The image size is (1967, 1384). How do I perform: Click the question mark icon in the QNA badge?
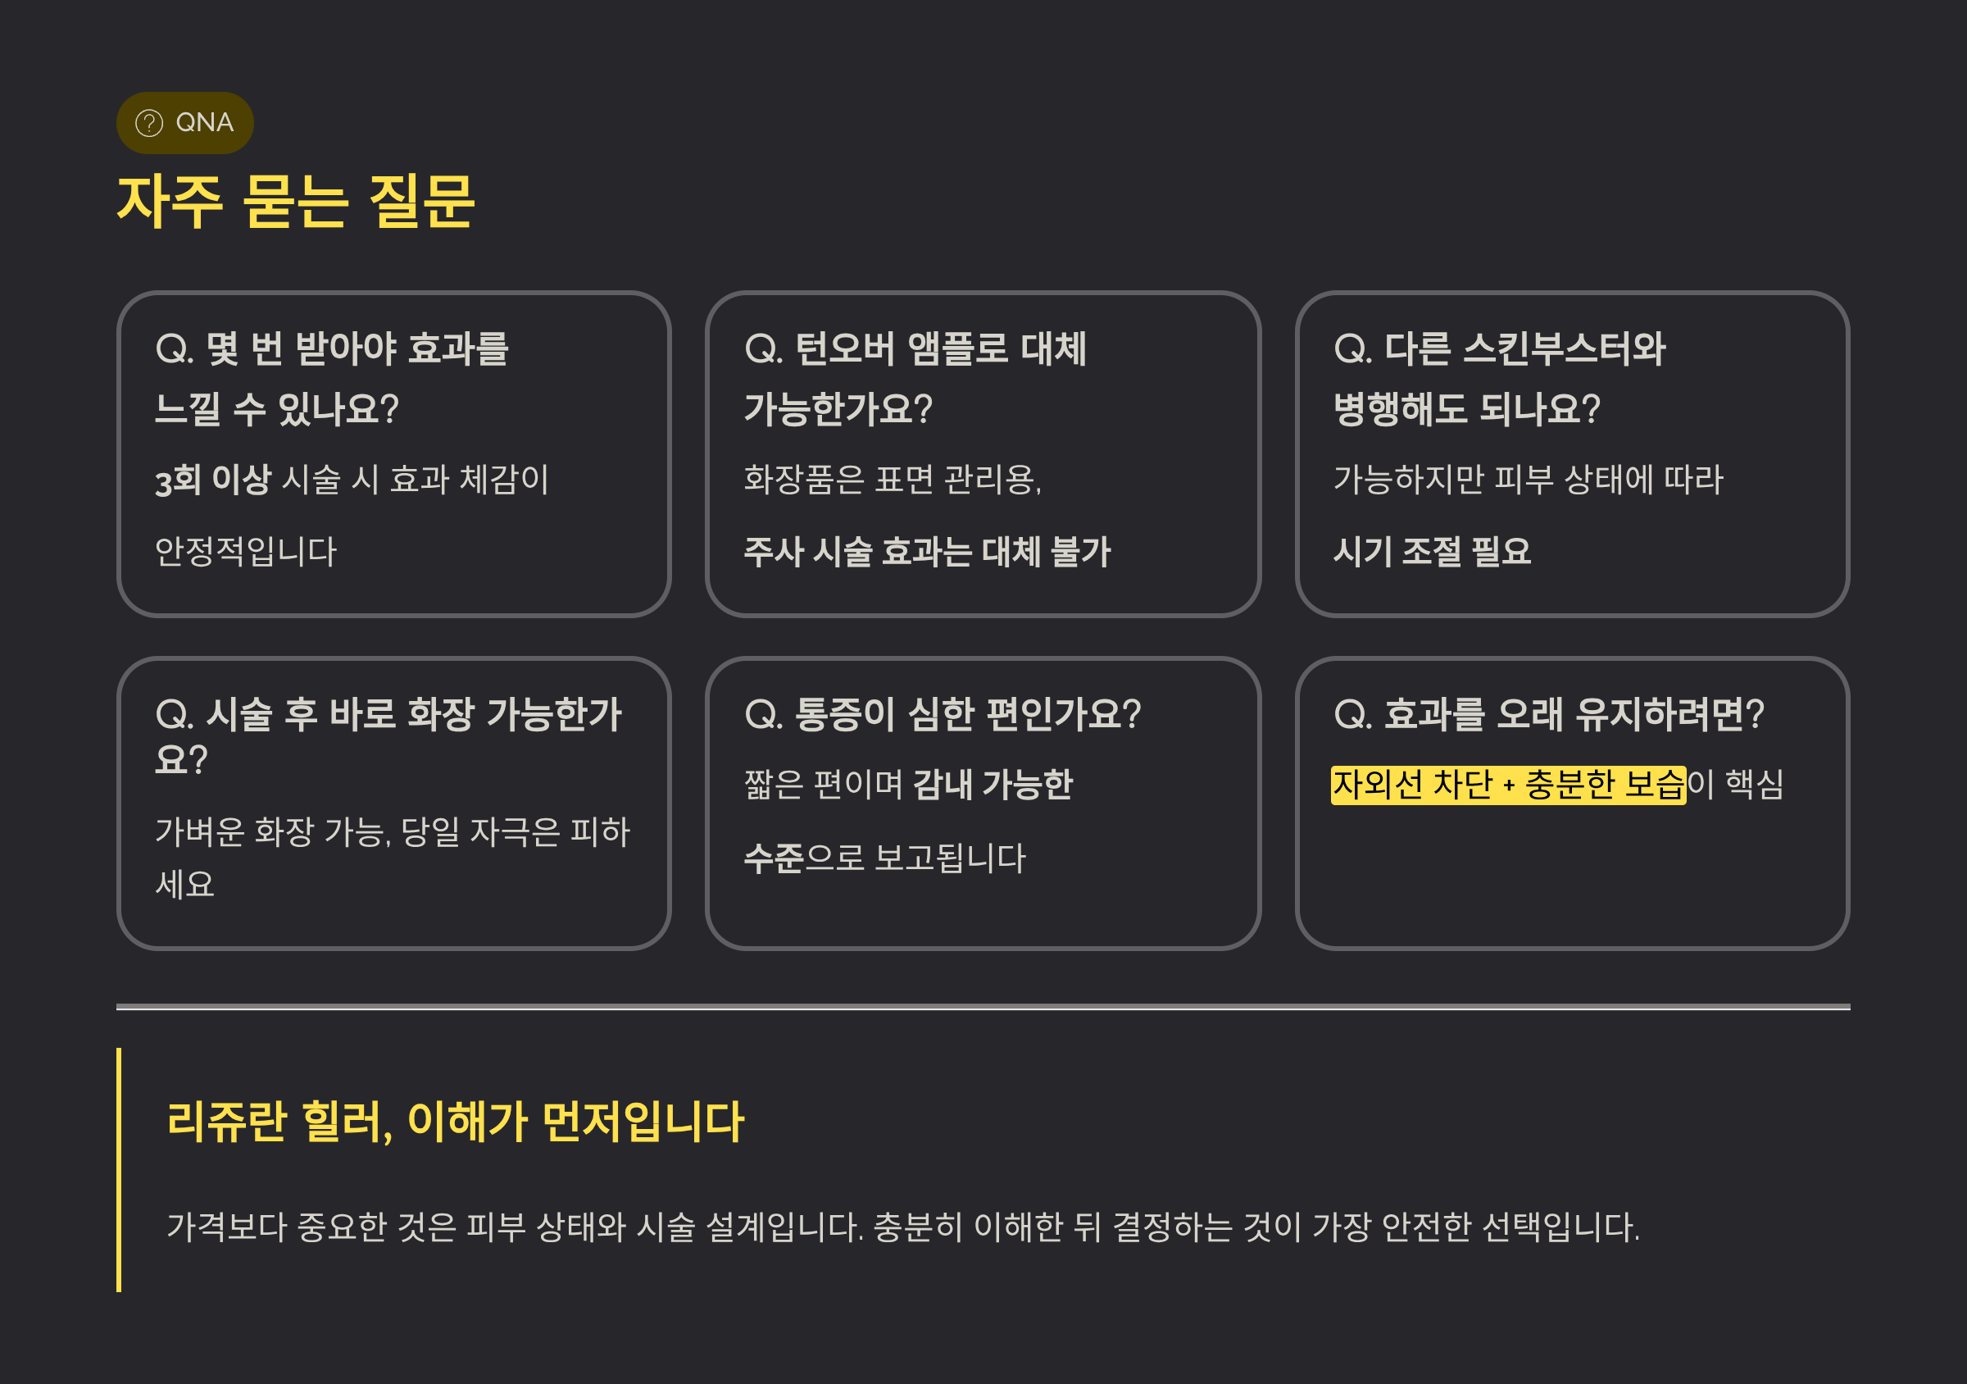click(149, 124)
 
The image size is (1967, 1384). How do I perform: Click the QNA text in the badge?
click(204, 122)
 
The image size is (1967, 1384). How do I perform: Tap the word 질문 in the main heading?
click(420, 202)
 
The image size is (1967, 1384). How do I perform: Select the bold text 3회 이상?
click(212, 480)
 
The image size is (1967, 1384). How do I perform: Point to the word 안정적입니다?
click(246, 551)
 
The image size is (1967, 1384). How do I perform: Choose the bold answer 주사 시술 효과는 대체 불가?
click(926, 551)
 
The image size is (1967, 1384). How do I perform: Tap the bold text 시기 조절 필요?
click(1432, 551)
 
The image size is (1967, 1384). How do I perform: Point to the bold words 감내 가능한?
click(992, 784)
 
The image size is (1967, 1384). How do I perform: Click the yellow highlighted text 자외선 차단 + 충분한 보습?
click(1508, 784)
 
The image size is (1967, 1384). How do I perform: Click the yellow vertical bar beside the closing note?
click(119, 1169)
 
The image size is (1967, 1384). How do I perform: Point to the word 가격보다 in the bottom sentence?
click(226, 1227)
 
